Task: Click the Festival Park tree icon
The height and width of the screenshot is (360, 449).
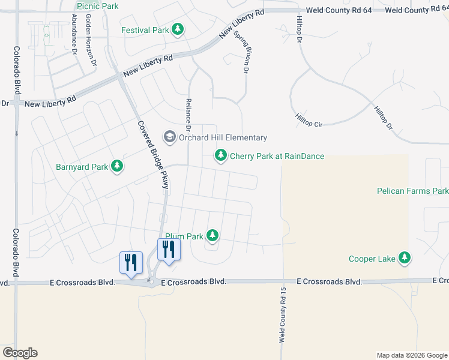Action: click(178, 29)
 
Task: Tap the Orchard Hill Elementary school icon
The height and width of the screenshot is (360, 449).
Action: click(170, 137)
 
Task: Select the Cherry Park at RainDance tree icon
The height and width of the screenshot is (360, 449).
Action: click(221, 156)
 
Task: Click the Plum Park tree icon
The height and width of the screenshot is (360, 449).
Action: click(212, 236)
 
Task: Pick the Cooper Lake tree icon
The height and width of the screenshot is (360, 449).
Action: click(405, 258)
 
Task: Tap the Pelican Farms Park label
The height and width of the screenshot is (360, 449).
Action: click(412, 191)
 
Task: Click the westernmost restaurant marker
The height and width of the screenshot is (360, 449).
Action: click(131, 262)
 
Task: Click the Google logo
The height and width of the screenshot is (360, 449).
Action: click(20, 353)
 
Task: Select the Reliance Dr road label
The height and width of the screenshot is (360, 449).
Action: click(188, 115)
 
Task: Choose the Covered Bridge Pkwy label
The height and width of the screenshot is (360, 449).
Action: click(153, 155)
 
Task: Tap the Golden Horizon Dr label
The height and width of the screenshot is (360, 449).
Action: click(91, 41)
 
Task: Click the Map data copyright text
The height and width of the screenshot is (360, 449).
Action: click(411, 355)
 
